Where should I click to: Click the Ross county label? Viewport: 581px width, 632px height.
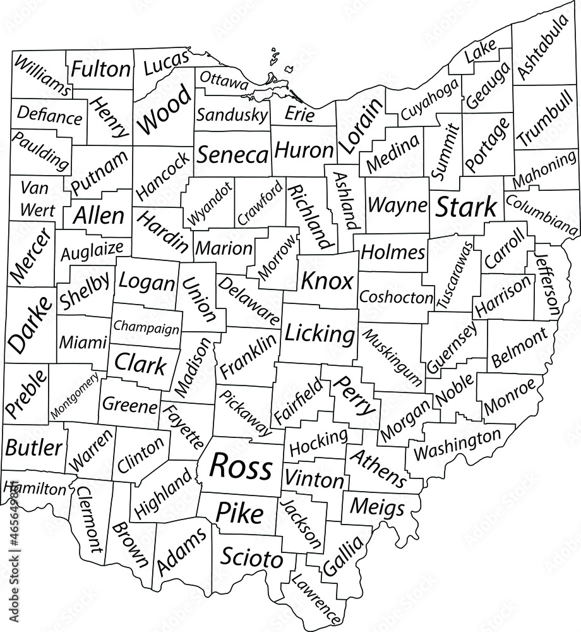tap(241, 467)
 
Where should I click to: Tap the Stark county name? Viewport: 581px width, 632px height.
tap(467, 207)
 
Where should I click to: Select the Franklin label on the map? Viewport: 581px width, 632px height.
tap(248, 355)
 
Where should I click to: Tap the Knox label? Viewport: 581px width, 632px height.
tap(326, 281)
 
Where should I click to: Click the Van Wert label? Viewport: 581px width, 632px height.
tap(37, 198)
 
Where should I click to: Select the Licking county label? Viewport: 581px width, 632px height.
tap(320, 334)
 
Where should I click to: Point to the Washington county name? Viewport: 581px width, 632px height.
tap(456, 444)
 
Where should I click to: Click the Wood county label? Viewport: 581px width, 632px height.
tap(164, 111)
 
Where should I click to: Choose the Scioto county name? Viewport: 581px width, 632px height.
tap(251, 558)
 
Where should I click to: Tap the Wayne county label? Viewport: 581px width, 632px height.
tap(397, 205)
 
